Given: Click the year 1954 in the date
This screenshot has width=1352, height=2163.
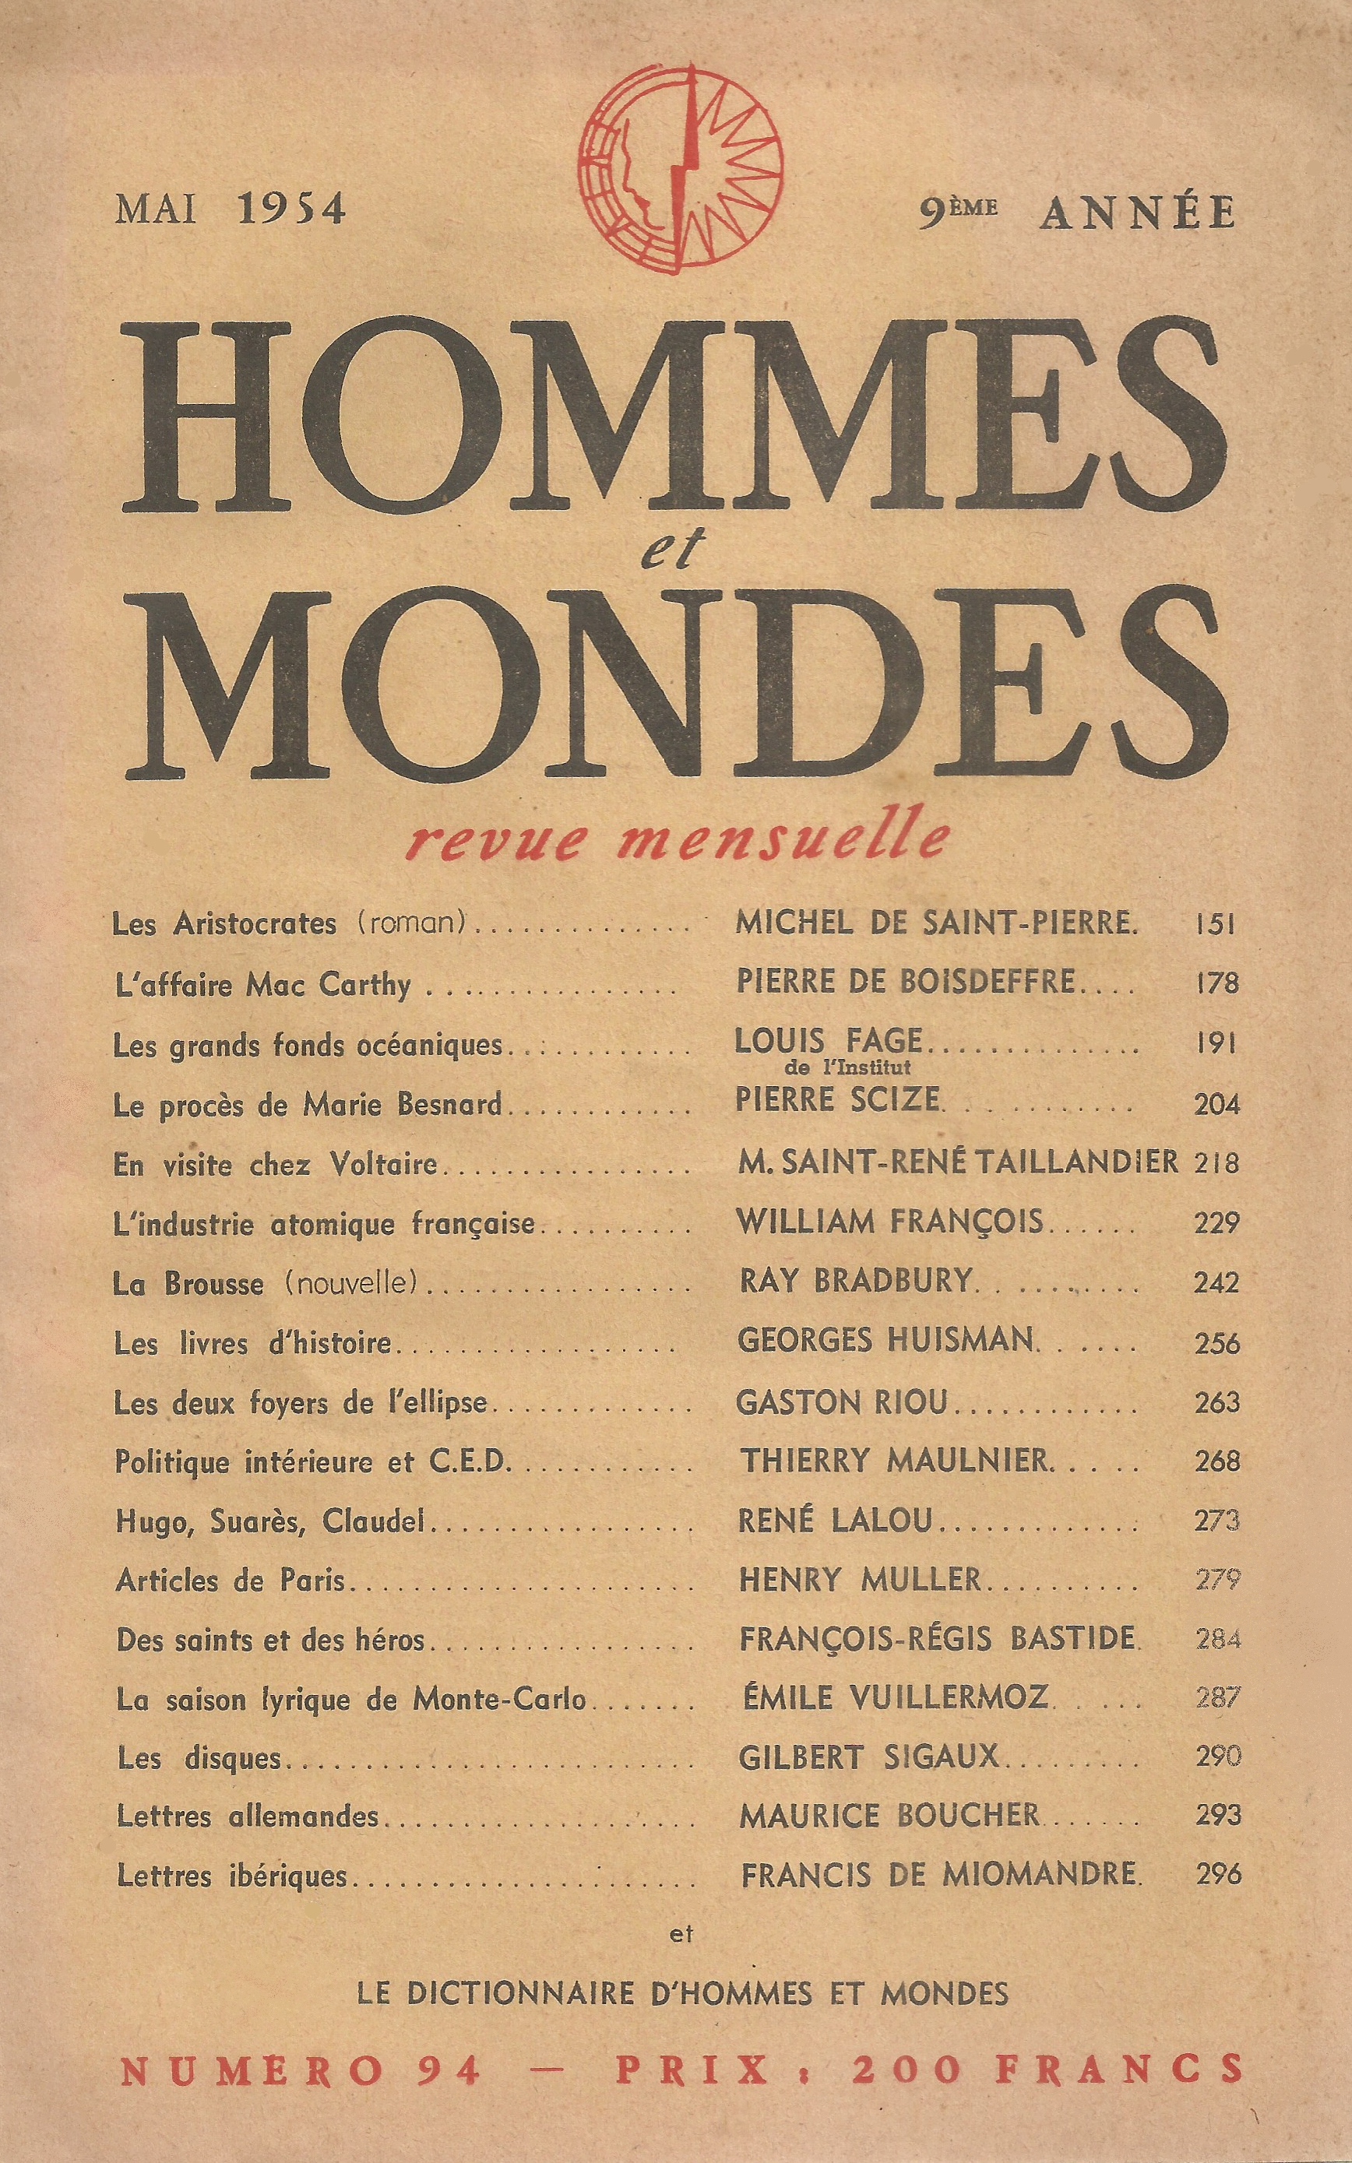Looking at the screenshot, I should [x=290, y=210].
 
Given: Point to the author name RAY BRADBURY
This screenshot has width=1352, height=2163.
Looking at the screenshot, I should [x=855, y=1281].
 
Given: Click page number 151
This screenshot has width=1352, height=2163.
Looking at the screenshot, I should [x=1215, y=923].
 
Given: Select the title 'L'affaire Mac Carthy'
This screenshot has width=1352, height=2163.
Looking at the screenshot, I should [x=262, y=984].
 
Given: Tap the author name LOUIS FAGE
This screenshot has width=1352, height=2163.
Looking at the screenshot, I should [x=827, y=1039].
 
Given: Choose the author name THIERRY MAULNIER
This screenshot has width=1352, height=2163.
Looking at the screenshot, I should [x=893, y=1461].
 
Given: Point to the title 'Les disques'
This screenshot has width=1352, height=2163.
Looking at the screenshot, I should [x=199, y=1758].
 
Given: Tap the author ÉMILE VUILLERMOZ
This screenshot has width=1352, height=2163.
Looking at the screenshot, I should [x=895, y=1697].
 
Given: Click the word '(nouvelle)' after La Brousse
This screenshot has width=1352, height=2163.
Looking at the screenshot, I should [x=351, y=1282].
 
